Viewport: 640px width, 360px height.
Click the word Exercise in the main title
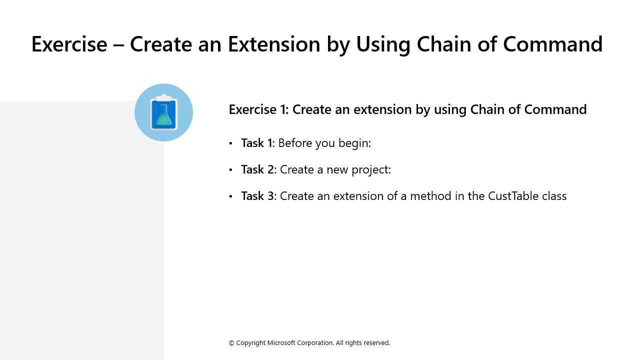coord(69,44)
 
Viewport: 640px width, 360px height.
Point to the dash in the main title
coord(118,45)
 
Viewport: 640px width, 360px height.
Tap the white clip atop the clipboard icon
coord(163,97)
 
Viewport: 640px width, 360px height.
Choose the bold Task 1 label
coord(256,143)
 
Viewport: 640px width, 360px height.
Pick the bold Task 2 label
coord(257,169)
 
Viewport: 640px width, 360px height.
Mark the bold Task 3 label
coord(257,196)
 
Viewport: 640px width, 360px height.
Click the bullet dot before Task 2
coord(230,170)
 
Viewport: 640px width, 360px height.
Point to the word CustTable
coord(506,196)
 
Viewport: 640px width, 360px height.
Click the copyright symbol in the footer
coord(231,343)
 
